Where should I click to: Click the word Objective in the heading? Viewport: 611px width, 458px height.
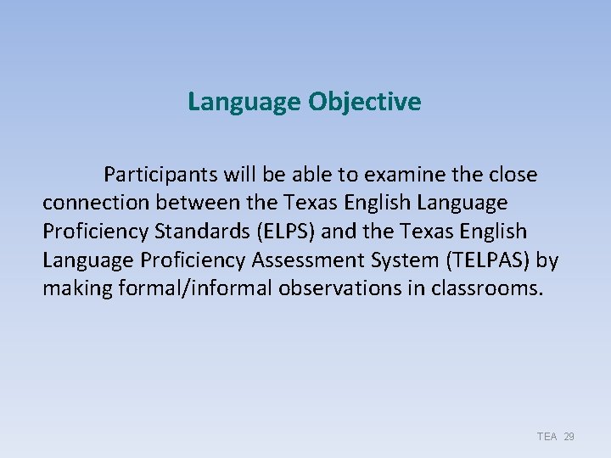coord(364,103)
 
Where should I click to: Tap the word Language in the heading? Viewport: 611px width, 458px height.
coord(244,103)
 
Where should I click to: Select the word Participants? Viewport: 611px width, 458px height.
coord(160,175)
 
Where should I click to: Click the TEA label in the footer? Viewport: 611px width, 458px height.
coord(547,437)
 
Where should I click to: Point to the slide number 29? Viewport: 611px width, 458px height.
coord(569,437)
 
